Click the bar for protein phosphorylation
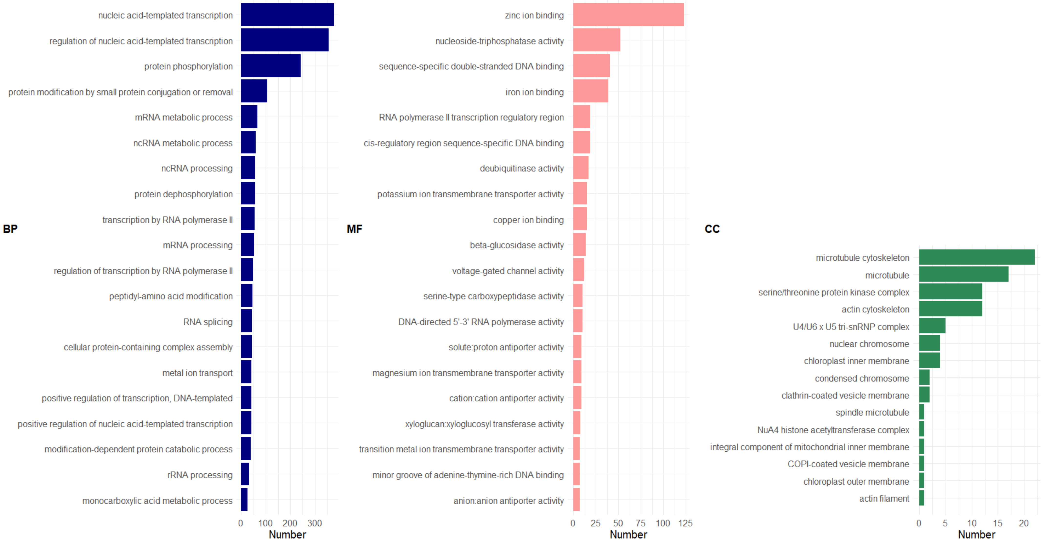(x=271, y=66)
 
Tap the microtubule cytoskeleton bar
(x=977, y=257)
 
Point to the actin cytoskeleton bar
(x=950, y=309)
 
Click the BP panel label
(x=10, y=229)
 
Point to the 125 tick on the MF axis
(x=685, y=523)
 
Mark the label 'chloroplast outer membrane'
(x=856, y=482)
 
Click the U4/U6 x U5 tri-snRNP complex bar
(x=932, y=326)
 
